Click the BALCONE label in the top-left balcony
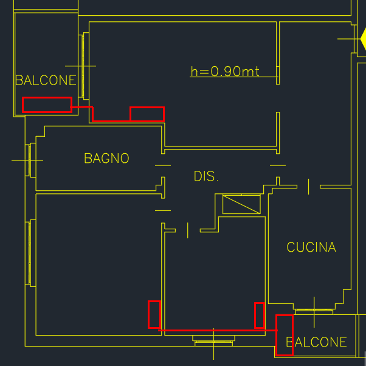point(46,80)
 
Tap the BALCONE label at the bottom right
point(316,342)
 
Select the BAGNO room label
point(106,158)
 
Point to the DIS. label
point(206,176)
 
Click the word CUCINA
point(311,247)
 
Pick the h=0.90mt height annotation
point(225,71)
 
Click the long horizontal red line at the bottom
point(218,330)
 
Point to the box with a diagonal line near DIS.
point(241,204)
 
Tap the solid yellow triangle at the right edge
point(363,39)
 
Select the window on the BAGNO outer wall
point(30,160)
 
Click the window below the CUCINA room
point(314,311)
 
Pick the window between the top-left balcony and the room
point(83,66)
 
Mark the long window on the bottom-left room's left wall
point(30,254)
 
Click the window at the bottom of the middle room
point(213,341)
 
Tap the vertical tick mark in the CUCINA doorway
point(309,187)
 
